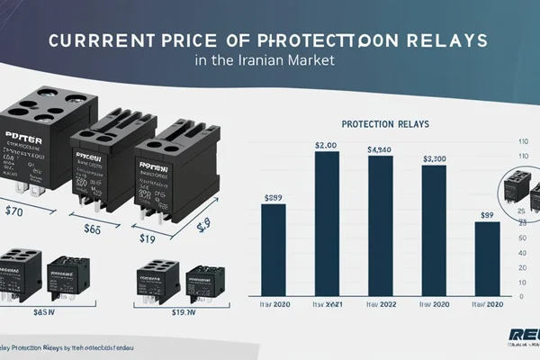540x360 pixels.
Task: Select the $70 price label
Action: click(14, 214)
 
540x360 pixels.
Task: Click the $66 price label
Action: click(93, 229)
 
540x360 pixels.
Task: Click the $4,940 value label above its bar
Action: click(381, 149)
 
